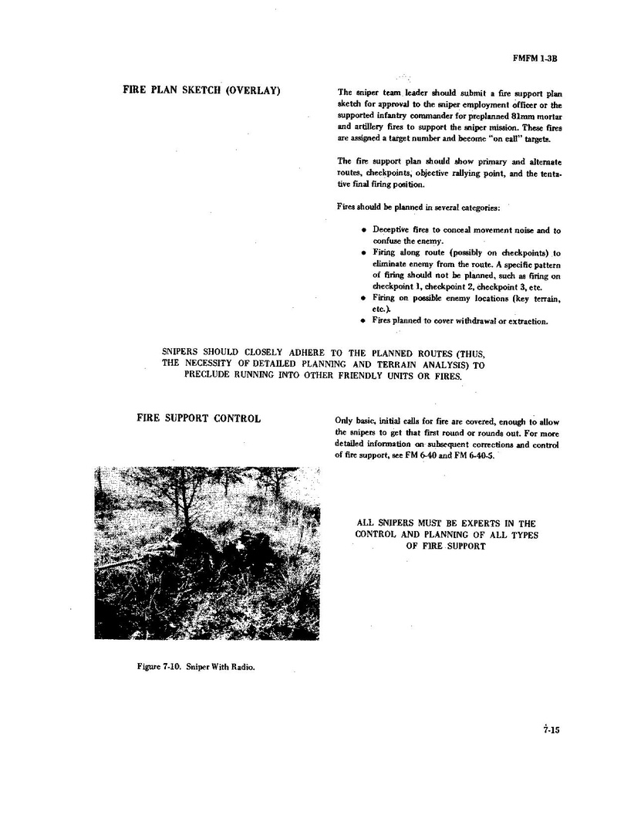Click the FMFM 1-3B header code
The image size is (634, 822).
535,57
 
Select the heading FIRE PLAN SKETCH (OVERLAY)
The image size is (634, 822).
201,90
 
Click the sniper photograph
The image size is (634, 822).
207,553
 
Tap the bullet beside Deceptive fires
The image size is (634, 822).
363,230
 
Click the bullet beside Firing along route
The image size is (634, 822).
363,252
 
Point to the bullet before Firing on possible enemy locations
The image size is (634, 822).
363,297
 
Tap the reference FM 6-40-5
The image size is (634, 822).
477,456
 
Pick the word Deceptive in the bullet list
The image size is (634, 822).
392,230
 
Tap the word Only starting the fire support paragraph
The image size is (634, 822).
344,421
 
